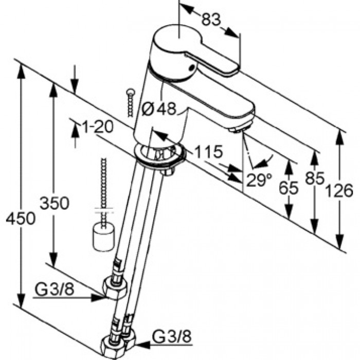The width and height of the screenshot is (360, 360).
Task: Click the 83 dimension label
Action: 211,20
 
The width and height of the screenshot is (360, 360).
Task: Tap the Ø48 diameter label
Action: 158,109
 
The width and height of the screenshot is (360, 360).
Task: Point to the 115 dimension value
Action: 208,152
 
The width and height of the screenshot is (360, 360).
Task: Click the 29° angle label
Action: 259,180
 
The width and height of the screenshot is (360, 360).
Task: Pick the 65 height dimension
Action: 289,188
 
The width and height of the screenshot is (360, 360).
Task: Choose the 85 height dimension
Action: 315,178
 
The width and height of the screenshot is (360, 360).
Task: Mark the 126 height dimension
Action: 339,191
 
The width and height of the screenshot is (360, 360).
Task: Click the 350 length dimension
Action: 54,203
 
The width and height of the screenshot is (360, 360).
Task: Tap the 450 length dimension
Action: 21,218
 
